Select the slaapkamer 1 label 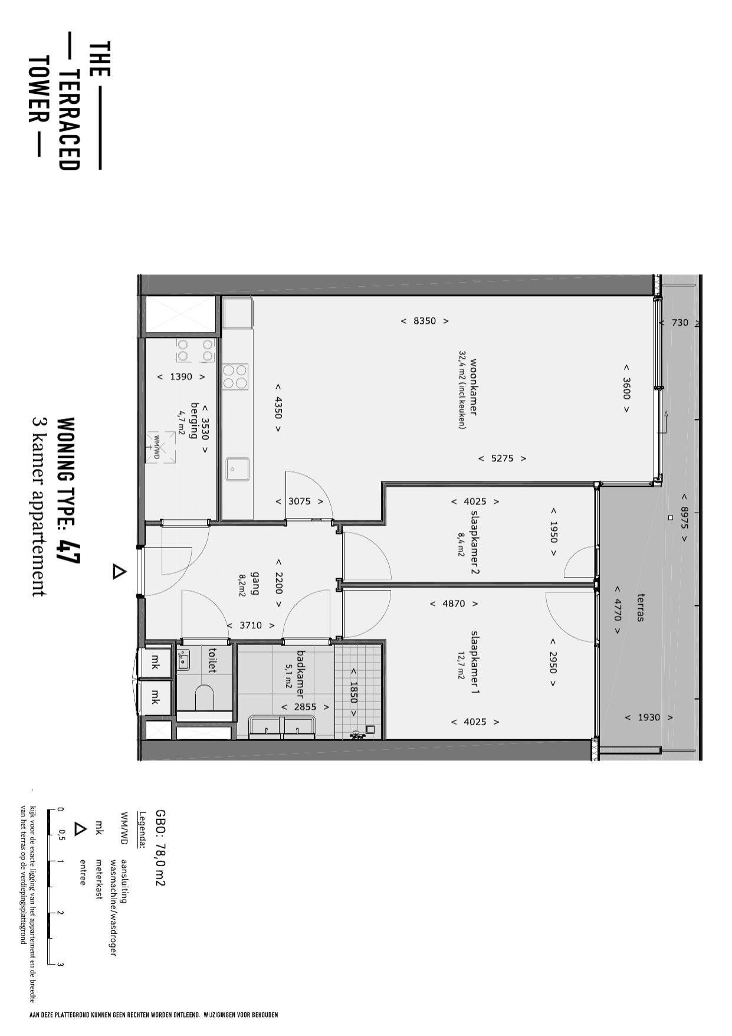475,662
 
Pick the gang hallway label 255,583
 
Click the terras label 640,608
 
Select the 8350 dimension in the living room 425,321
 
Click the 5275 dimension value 503,458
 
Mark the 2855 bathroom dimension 306,707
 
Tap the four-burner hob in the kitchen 235,377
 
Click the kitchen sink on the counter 237,470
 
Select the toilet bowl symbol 204,698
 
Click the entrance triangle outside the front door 119,571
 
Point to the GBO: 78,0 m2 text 160,848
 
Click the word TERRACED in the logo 69,120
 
